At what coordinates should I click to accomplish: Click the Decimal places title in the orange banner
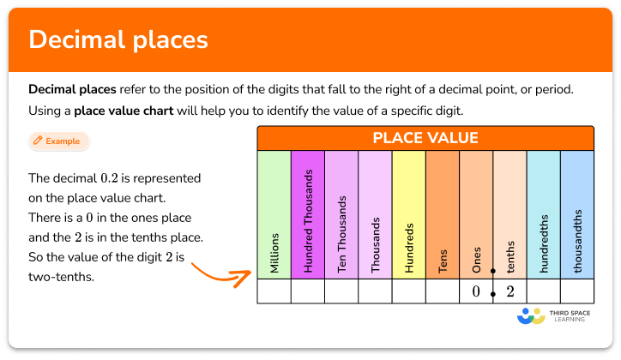click(x=118, y=41)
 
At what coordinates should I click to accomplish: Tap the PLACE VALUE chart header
click(x=425, y=138)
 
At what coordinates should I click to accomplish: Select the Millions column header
click(x=274, y=214)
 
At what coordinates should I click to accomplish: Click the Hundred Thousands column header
click(x=308, y=214)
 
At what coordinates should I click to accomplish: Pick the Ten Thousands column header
click(x=341, y=214)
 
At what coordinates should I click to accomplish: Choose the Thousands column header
click(x=375, y=214)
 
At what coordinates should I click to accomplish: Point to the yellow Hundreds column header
click(x=408, y=214)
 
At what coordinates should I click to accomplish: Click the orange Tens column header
click(x=443, y=214)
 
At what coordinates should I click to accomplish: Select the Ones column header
click(x=476, y=214)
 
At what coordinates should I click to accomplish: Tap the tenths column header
click(x=509, y=214)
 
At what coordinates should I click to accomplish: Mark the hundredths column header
click(x=543, y=214)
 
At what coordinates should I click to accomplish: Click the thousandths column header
click(x=576, y=214)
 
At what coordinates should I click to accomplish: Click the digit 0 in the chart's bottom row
click(x=476, y=291)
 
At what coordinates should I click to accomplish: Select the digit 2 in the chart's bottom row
click(x=509, y=291)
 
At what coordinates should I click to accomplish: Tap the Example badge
click(x=58, y=141)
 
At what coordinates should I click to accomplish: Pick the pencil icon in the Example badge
click(x=38, y=141)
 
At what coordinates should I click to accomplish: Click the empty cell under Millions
click(x=274, y=291)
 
